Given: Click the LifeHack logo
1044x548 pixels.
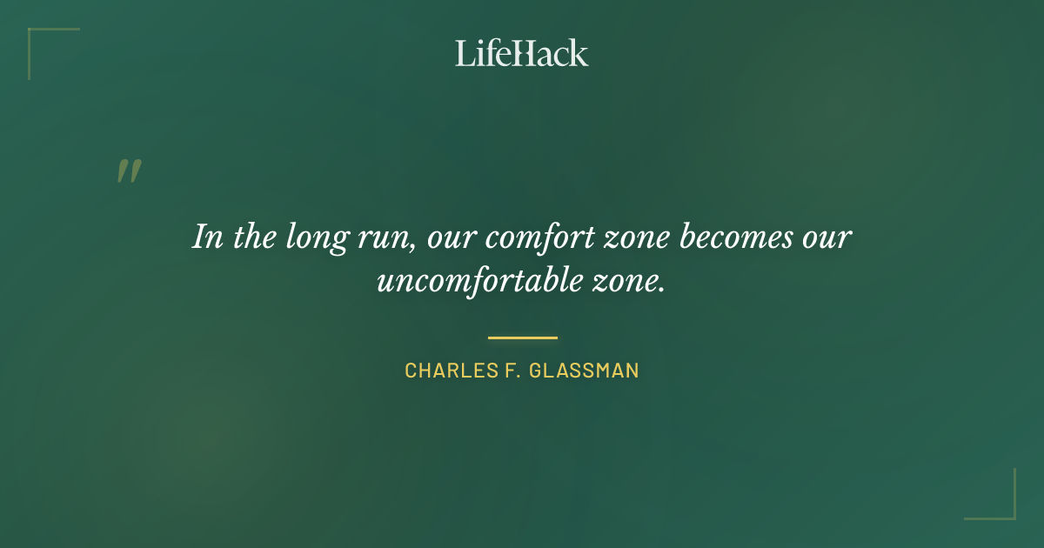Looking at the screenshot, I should tap(522, 53).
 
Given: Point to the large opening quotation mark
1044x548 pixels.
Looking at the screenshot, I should tap(128, 171).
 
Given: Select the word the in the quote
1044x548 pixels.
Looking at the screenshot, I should tap(255, 237).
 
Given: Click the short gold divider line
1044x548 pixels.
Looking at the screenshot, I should tap(522, 337).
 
